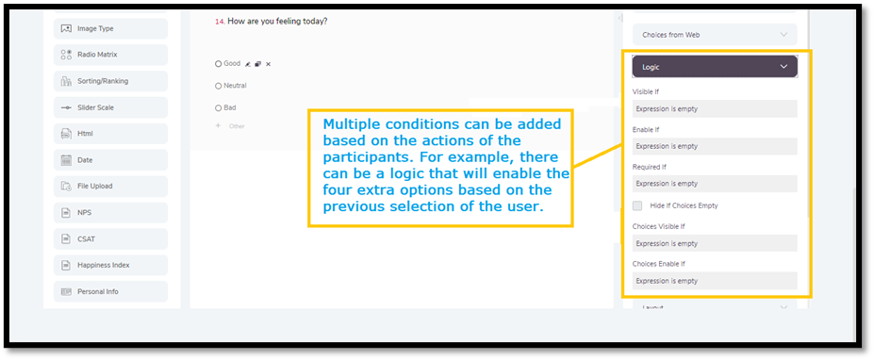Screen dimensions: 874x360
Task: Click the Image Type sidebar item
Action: point(110,28)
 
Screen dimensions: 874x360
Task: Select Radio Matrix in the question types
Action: point(110,55)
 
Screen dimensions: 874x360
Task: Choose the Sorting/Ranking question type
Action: point(110,81)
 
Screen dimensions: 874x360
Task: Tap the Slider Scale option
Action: point(110,107)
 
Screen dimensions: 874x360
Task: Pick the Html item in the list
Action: point(110,134)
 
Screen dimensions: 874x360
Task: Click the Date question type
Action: point(110,160)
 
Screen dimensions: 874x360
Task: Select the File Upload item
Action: point(110,187)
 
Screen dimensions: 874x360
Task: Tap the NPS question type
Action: point(110,212)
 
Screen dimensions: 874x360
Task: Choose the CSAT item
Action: point(110,239)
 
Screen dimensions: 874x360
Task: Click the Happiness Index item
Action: point(110,265)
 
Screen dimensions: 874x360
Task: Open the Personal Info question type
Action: point(110,291)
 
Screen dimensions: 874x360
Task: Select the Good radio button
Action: point(218,64)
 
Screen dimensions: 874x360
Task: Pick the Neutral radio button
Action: point(218,86)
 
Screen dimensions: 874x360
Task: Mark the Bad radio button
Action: point(218,108)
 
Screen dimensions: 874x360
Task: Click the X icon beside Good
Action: point(268,64)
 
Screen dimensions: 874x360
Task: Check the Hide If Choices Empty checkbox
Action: point(637,205)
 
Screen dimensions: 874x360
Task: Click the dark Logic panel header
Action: point(715,66)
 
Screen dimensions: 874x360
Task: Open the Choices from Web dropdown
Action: point(715,35)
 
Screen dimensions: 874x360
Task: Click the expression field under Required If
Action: point(715,184)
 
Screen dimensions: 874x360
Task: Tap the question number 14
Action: point(220,22)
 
